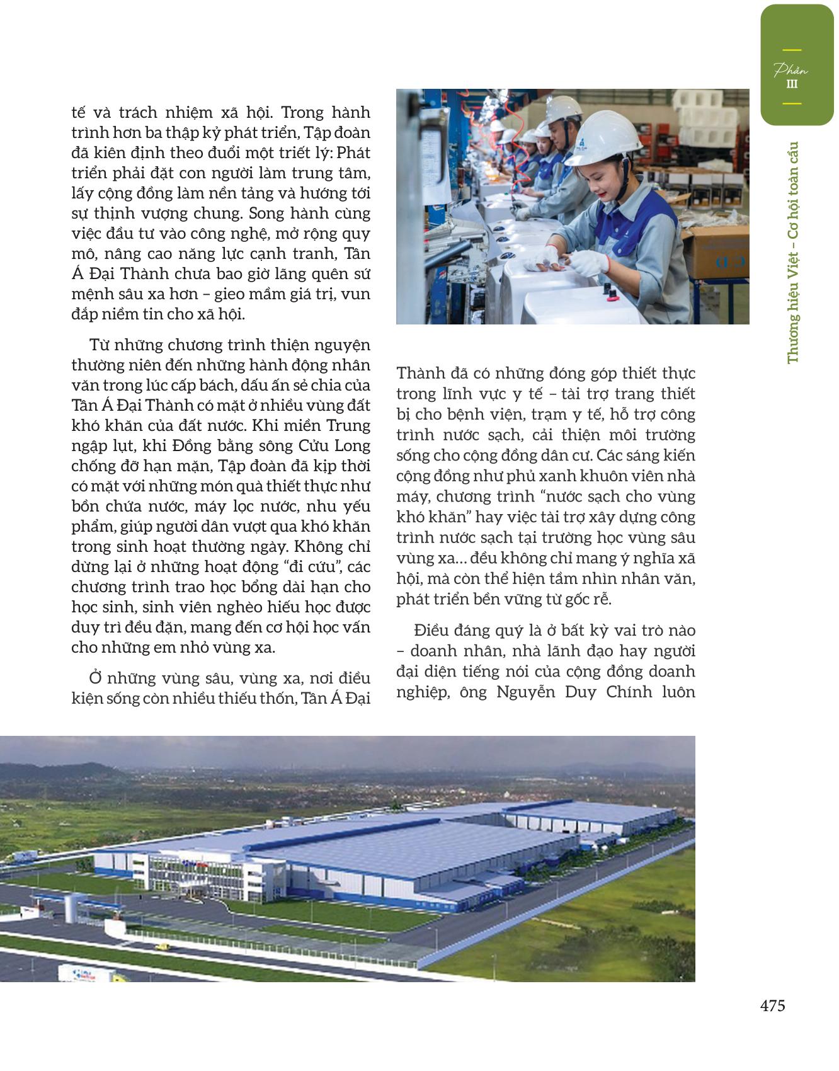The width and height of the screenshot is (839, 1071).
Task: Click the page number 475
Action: [x=772, y=1005]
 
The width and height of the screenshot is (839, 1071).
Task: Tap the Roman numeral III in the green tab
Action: [x=792, y=84]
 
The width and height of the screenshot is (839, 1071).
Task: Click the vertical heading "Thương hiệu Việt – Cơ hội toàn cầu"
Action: [x=792, y=252]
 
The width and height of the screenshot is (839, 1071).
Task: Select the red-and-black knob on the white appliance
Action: [x=608, y=290]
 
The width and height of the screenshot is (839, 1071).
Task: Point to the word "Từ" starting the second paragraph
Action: [x=100, y=345]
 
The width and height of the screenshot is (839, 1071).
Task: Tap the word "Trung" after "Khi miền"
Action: [x=350, y=425]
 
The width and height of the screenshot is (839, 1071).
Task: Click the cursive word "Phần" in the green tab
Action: [x=790, y=69]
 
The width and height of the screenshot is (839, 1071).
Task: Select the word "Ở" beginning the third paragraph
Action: [x=95, y=678]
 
